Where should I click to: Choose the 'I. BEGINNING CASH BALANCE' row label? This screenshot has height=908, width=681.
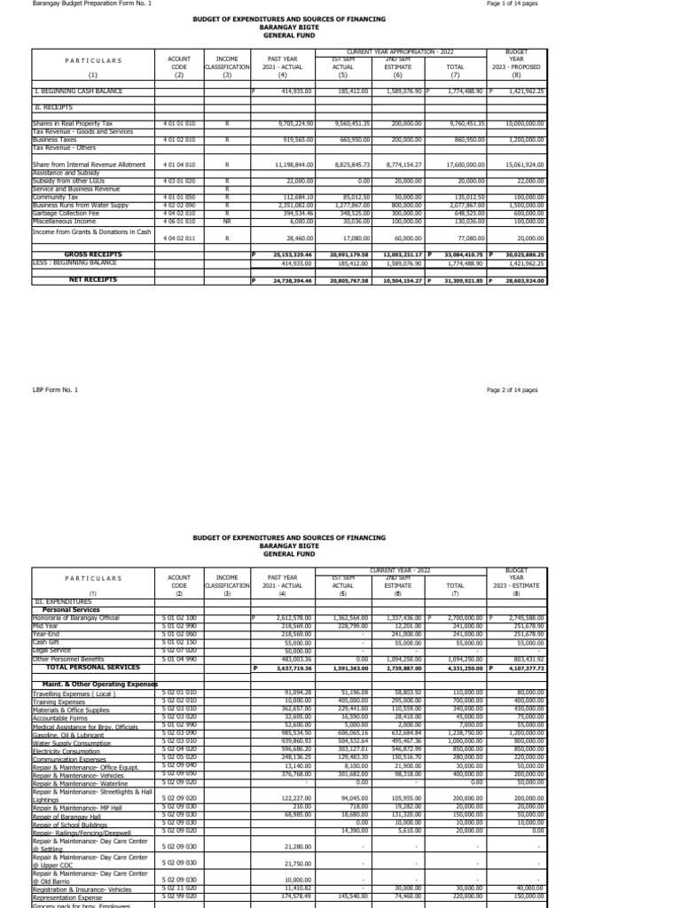click(78, 90)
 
